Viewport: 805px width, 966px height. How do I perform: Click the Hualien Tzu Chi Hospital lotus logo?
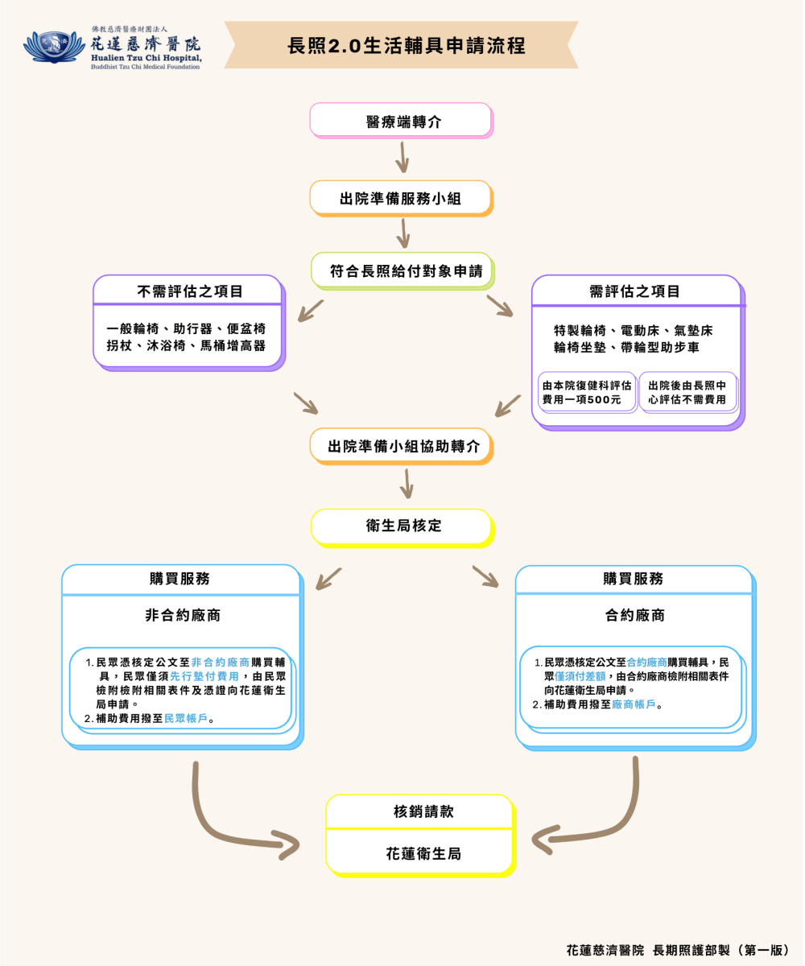click(53, 47)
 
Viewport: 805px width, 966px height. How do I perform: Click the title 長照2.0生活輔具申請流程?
click(407, 46)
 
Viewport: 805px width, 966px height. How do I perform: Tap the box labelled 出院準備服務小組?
click(400, 198)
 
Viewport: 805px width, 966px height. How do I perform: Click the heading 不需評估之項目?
click(189, 291)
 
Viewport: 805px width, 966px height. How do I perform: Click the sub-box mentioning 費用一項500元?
click(587, 393)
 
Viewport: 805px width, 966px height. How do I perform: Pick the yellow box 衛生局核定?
click(400, 526)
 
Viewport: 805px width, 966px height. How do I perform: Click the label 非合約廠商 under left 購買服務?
click(183, 616)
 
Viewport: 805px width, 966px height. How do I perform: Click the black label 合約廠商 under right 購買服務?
click(635, 616)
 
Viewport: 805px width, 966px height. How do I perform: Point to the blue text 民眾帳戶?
click(186, 719)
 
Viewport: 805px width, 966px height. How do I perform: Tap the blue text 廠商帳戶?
click(634, 704)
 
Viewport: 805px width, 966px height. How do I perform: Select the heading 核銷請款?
click(419, 812)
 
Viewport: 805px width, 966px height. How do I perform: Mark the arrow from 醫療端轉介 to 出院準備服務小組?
click(402, 158)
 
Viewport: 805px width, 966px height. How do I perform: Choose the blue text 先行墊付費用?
click(204, 677)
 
